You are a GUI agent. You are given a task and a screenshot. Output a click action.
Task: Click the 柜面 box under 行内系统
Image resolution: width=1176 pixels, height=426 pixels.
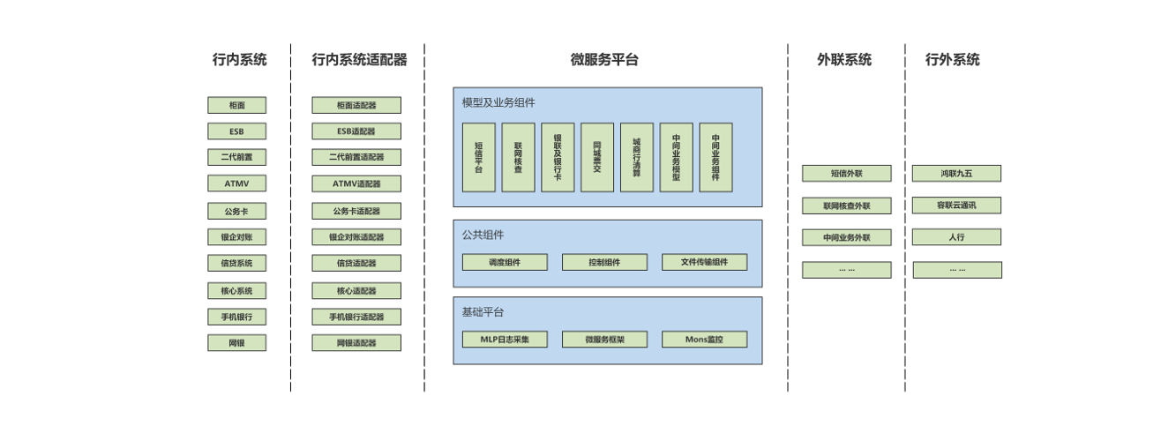coord(236,106)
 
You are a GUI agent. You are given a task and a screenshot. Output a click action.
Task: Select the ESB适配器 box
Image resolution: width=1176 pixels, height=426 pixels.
coord(356,131)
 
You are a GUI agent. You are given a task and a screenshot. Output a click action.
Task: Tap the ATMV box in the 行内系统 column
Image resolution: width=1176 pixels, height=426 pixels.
coord(236,184)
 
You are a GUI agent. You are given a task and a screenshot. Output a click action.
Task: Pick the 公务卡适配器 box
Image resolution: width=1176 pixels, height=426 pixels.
coord(356,212)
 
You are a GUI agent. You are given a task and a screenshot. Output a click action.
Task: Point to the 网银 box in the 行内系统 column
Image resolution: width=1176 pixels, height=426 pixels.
coord(236,343)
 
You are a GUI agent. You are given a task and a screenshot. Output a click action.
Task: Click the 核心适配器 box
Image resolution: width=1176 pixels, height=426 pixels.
coord(356,291)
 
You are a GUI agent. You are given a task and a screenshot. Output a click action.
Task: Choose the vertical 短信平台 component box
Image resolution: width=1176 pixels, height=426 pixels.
coord(479,157)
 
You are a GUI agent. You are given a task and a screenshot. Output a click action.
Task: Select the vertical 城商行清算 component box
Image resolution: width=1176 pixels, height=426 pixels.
coord(637,157)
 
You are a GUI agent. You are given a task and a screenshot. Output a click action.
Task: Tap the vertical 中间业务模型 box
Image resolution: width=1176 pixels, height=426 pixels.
coord(676,157)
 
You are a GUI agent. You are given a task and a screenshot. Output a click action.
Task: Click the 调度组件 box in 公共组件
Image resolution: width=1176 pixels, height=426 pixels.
coord(505,263)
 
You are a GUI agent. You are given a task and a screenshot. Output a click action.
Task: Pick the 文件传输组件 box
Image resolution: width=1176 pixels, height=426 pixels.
coord(704,263)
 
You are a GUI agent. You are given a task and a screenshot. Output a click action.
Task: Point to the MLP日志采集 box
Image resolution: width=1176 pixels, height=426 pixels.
coord(505,340)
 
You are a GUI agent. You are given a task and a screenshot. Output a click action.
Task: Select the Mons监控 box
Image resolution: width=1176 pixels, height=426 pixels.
coord(704,340)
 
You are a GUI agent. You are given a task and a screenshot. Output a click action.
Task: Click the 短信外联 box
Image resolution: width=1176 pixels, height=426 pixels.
coord(846,174)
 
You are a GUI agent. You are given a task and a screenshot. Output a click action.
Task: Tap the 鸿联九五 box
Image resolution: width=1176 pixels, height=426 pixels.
coord(956,174)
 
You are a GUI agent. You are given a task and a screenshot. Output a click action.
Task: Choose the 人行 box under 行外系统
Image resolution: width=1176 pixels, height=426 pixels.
coord(956,237)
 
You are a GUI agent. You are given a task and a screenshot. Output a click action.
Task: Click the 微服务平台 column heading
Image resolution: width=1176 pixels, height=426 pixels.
coord(604,60)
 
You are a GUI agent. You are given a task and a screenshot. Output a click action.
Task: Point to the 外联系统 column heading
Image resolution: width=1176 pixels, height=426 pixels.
coord(844,60)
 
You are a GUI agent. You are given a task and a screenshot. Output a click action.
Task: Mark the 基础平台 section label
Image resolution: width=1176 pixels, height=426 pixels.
coord(483,312)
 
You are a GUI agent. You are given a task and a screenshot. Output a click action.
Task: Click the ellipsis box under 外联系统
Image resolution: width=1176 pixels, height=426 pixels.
coord(846,270)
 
